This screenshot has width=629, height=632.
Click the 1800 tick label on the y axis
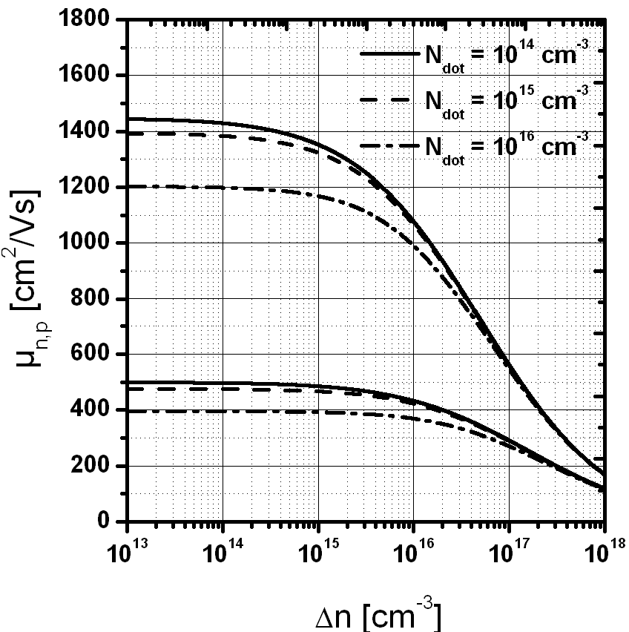point(90,19)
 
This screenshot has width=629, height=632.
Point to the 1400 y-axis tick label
point(90,131)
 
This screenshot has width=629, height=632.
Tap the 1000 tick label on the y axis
point(90,243)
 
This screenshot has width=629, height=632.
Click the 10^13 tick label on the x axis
point(128,553)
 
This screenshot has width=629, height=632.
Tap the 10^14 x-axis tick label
point(223,553)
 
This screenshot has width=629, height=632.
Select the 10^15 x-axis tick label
point(318,553)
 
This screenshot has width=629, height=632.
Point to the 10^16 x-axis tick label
point(413,553)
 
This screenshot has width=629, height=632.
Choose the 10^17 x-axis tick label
point(508,553)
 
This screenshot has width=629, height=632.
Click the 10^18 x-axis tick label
point(602,553)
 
